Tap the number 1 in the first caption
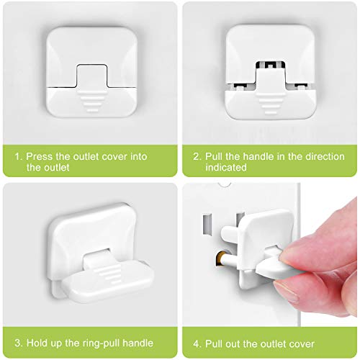click(x=17, y=155)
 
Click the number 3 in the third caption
click(x=17, y=335)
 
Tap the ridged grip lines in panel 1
click(x=89, y=100)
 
